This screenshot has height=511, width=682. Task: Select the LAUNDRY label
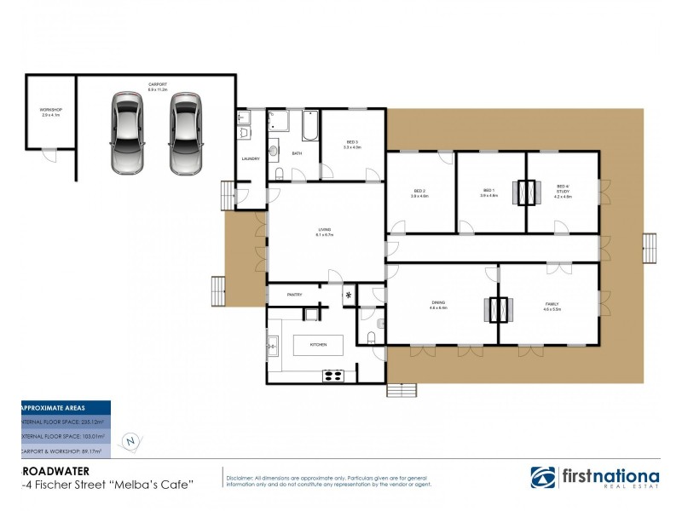point(251,158)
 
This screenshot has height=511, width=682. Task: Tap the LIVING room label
point(325,231)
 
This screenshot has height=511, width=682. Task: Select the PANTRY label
point(295,295)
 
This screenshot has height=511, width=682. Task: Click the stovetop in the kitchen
point(332,375)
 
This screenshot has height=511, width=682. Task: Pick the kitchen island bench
point(319,344)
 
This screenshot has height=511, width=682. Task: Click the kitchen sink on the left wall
point(272,345)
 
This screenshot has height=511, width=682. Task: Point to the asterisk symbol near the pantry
point(348,296)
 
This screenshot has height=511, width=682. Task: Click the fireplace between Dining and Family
point(496,308)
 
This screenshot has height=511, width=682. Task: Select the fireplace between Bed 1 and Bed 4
point(526,193)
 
